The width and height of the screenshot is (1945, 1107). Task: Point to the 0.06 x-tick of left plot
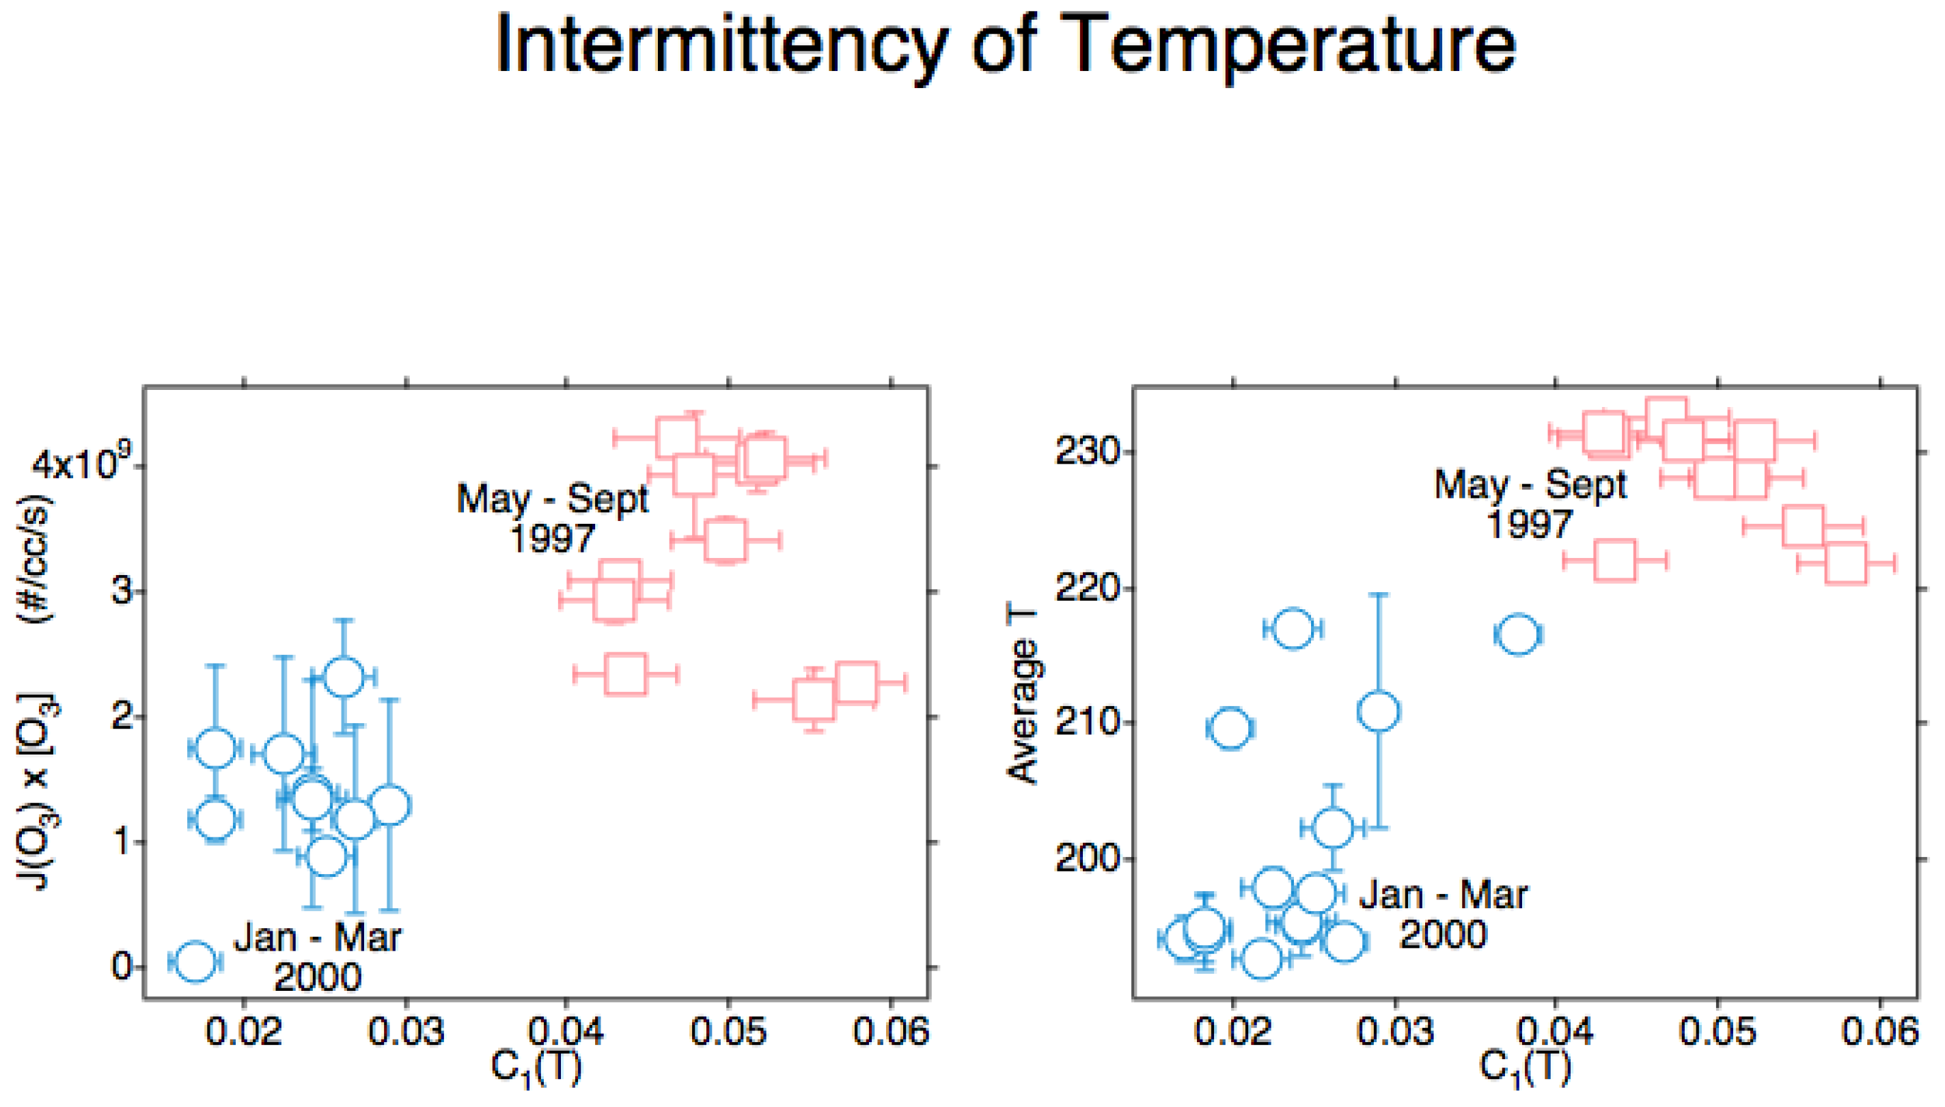(x=890, y=1031)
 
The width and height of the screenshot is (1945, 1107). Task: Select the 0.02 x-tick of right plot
(x=1232, y=1031)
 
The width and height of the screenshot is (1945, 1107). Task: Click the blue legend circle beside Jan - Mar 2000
(x=195, y=961)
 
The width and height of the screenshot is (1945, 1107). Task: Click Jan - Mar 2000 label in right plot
(x=1443, y=914)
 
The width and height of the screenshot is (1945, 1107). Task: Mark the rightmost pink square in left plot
(x=856, y=682)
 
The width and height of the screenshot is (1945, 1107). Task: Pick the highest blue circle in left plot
(x=344, y=676)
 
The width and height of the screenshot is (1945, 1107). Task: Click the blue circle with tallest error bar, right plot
(x=1378, y=712)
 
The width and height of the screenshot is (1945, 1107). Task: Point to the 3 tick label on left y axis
(x=122, y=591)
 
